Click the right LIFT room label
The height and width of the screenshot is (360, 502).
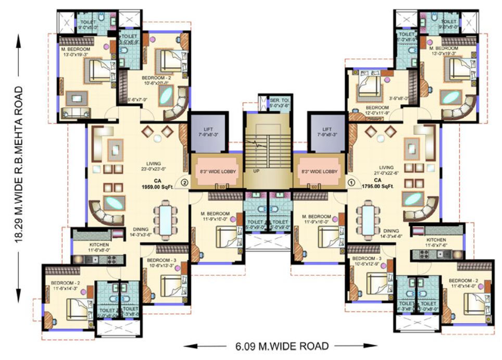click(x=327, y=132)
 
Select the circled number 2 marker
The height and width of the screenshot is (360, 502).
click(x=184, y=182)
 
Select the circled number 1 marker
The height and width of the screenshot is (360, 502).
click(x=352, y=182)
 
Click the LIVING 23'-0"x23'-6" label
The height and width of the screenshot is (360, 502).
click(x=154, y=166)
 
